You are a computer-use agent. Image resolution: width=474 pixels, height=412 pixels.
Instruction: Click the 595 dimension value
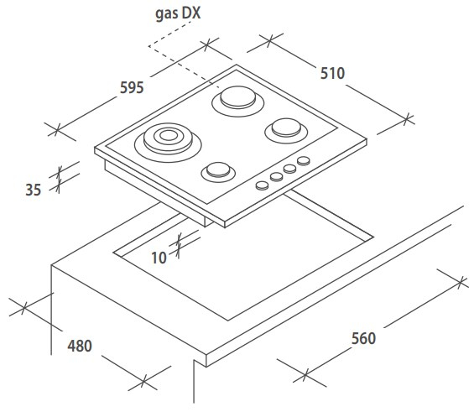pyautogui.click(x=132, y=87)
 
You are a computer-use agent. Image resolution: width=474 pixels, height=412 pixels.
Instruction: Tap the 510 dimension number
pyautogui.click(x=332, y=74)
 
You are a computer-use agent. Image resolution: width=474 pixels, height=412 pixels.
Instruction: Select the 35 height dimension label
pyautogui.click(x=34, y=190)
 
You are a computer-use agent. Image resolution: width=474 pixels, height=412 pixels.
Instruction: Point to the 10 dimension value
pyautogui.click(x=159, y=258)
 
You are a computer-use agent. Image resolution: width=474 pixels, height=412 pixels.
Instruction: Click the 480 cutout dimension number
pyautogui.click(x=80, y=346)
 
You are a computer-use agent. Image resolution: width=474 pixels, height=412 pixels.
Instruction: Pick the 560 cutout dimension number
pyautogui.click(x=363, y=338)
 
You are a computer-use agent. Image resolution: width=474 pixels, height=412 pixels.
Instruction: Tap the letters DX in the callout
pyautogui.click(x=190, y=13)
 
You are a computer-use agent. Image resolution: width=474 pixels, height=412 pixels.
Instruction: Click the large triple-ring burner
pyautogui.click(x=168, y=143)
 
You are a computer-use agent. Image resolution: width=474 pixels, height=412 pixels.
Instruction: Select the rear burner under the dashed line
pyautogui.click(x=238, y=101)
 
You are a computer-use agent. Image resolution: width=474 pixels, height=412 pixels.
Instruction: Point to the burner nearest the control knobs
pyautogui.click(x=218, y=172)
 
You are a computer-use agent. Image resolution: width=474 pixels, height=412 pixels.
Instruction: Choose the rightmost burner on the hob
pyautogui.click(x=286, y=130)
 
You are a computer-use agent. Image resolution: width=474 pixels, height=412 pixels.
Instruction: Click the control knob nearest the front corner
pyautogui.click(x=262, y=185)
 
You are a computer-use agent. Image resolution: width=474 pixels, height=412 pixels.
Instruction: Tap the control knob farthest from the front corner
pyautogui.click(x=304, y=161)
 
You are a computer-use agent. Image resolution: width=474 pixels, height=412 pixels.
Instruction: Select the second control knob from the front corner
pyautogui.click(x=276, y=177)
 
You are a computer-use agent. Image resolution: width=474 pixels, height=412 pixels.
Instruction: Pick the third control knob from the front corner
pyautogui.click(x=290, y=169)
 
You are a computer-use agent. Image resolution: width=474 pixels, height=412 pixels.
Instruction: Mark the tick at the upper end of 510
pyautogui.click(x=269, y=40)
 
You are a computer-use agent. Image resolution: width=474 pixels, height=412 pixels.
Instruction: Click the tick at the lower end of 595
pyautogui.click(x=57, y=130)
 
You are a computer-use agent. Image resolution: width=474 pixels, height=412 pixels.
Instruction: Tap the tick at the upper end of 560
pyautogui.click(x=461, y=282)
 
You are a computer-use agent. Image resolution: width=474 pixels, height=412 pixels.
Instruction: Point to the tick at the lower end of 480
pyautogui.click(x=144, y=380)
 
